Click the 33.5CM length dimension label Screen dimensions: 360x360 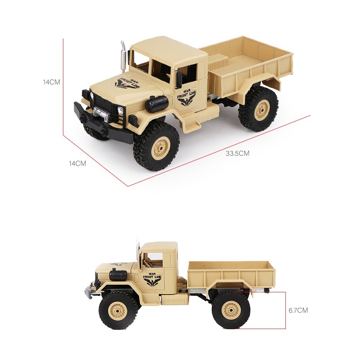(x=237, y=153)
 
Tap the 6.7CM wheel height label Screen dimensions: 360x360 (x=298, y=310)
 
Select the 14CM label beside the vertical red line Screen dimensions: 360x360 (x=51, y=82)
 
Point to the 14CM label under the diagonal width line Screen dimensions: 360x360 (x=78, y=163)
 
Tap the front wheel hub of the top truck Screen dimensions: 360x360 (x=161, y=147)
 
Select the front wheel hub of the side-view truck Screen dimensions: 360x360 (x=118, y=311)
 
